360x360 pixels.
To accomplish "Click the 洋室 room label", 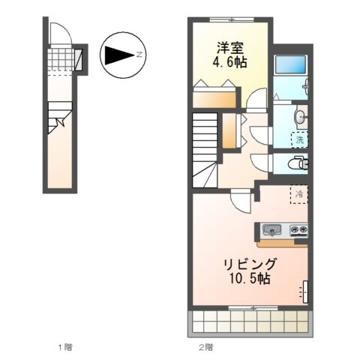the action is tap(229, 48).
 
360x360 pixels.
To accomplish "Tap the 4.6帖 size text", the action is tap(229, 62).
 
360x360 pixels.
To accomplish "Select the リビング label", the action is tap(250, 264).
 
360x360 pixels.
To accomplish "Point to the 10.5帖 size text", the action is tap(250, 278).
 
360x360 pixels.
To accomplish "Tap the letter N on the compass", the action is tap(139, 55).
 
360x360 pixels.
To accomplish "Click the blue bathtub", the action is tap(291, 64).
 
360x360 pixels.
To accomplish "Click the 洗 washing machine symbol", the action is tap(299, 139).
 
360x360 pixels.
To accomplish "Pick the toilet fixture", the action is tap(298, 163).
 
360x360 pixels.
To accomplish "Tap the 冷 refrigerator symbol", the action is tap(299, 194).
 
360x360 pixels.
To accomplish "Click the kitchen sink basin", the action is tap(271, 229).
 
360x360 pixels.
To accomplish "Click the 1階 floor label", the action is tap(65, 347).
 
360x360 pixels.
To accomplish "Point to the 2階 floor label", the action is tap(206, 347).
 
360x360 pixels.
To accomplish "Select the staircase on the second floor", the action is tap(205, 150).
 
